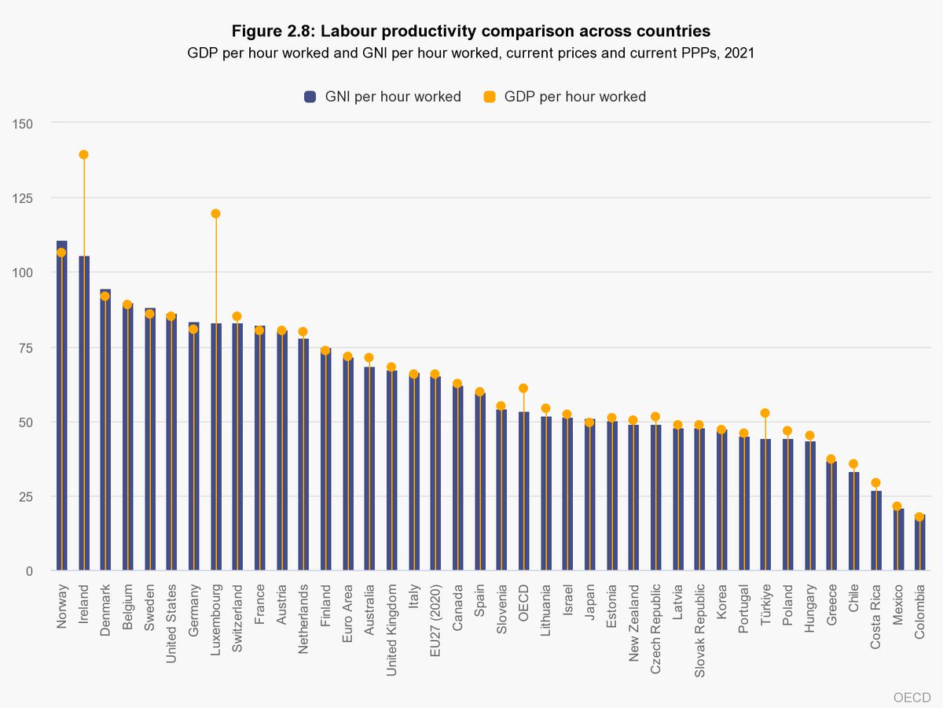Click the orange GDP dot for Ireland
[83, 155]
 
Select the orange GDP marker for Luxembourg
[215, 213]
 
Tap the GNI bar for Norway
[61, 409]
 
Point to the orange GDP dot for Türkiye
[765, 413]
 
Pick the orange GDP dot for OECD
[523, 389]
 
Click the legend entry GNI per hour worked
[382, 97]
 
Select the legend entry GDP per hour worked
[565, 97]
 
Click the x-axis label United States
[171, 621]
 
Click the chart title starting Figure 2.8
[472, 31]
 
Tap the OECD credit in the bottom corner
[912, 696]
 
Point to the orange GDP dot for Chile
[853, 464]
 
